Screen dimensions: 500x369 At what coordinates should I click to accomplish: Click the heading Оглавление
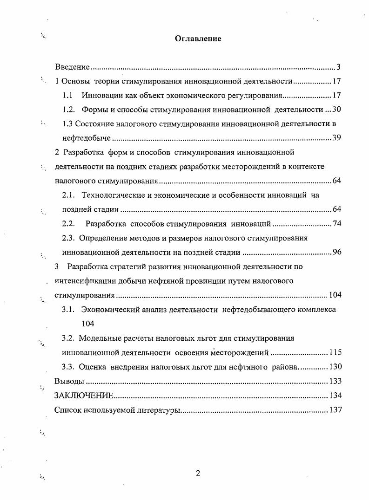[x=198, y=39]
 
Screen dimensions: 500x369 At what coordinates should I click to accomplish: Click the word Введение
[x=72, y=67]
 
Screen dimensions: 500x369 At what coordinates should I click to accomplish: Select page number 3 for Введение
[x=339, y=67]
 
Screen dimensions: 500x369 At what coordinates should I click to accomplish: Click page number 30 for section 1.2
[x=337, y=110]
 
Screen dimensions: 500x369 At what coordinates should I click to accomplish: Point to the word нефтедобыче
[x=87, y=138]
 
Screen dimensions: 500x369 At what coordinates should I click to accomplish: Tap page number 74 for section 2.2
[x=337, y=224]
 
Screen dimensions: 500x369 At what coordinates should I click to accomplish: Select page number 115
[x=335, y=352]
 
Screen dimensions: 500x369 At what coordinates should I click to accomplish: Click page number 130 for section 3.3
[x=335, y=367]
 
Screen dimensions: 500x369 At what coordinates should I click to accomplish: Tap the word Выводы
[x=69, y=381]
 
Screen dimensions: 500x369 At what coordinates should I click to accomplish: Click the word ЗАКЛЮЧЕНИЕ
[x=84, y=396]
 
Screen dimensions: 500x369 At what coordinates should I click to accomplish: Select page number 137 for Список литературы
[x=335, y=410]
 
